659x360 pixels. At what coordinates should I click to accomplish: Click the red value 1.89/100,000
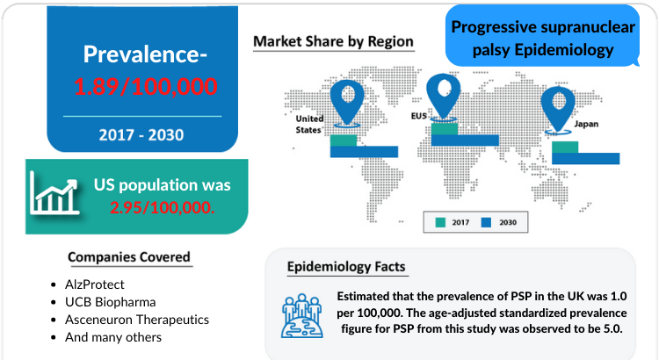tap(145, 87)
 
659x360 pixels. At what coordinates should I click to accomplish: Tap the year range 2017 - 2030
tap(141, 135)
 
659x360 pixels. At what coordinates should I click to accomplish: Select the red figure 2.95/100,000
tap(163, 207)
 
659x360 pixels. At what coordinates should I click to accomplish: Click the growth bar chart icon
tap(54, 194)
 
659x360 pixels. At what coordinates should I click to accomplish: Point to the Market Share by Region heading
tap(333, 41)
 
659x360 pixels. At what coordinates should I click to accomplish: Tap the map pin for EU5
tap(443, 97)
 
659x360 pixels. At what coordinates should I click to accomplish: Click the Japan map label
tap(586, 124)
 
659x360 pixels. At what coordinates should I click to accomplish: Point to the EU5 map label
tap(419, 116)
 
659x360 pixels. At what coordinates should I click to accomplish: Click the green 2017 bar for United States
tap(344, 140)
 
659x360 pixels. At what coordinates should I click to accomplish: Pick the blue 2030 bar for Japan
tap(585, 158)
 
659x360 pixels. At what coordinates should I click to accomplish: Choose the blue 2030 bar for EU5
tap(465, 140)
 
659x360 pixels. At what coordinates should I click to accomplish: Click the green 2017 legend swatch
tap(440, 223)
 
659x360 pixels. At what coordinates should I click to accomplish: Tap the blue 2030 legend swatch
tap(486, 223)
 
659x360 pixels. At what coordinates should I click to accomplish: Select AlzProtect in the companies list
tap(95, 284)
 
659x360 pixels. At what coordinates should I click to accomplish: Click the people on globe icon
tap(302, 316)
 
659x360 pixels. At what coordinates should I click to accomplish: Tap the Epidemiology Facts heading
tap(346, 267)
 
